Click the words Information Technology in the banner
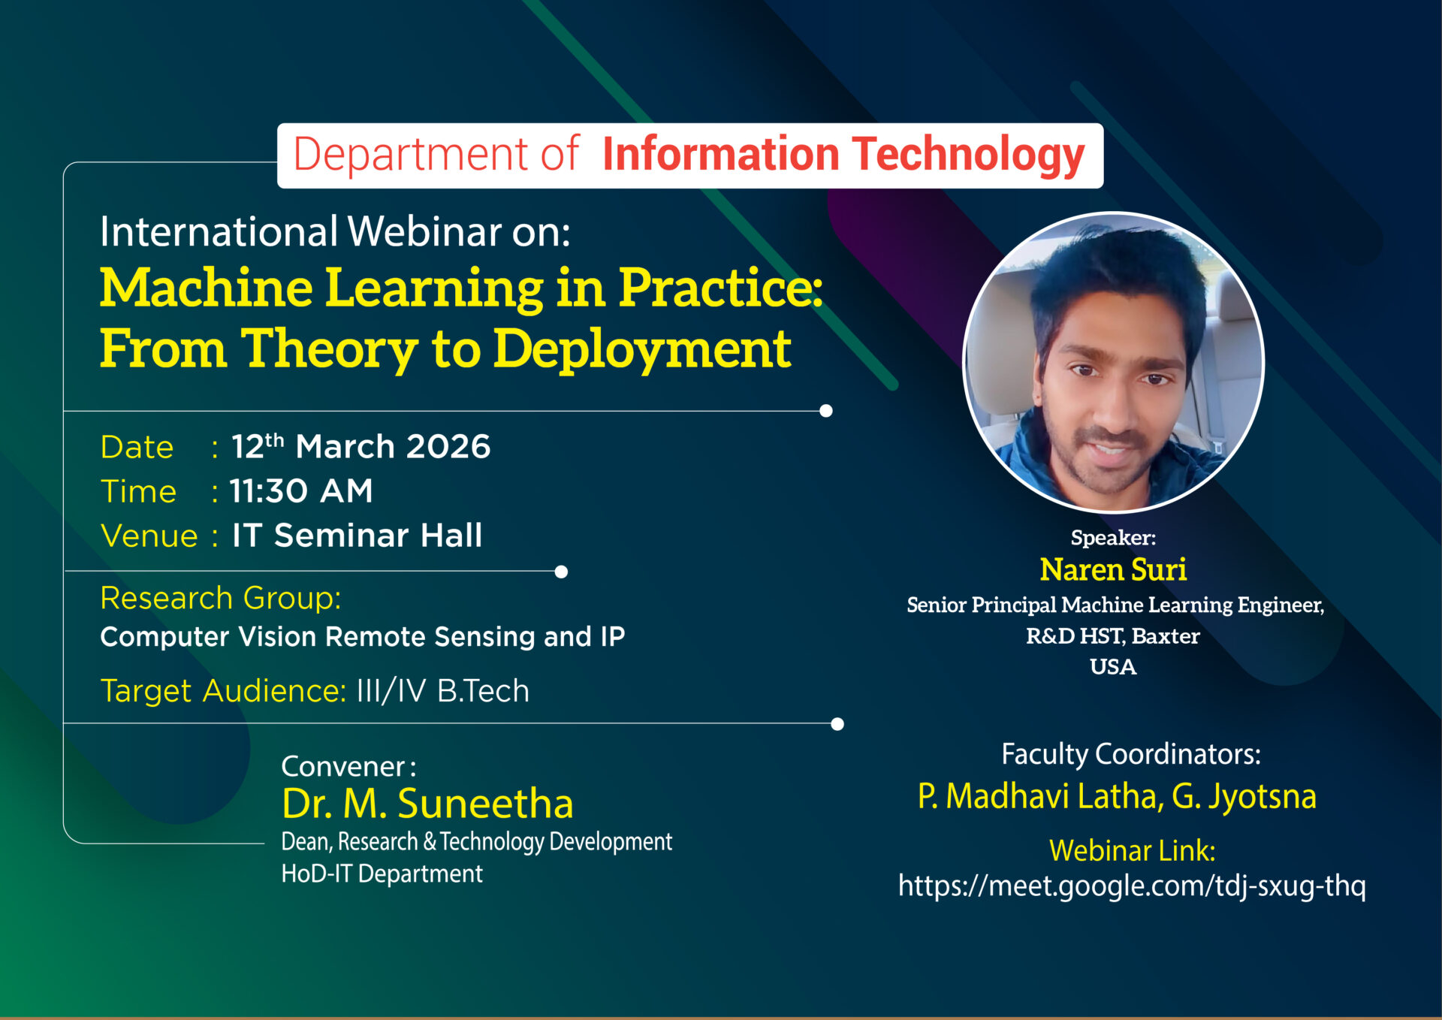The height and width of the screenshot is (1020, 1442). click(843, 155)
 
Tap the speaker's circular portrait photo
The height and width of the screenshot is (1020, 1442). click(1113, 362)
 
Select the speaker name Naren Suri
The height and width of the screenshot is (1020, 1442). click(1113, 569)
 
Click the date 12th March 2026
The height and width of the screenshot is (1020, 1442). click(360, 446)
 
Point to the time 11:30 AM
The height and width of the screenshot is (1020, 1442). click(301, 491)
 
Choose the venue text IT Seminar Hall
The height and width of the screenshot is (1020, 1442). click(357, 536)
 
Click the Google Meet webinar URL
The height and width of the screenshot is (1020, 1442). click(1132, 886)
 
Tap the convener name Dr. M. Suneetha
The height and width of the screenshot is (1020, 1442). click(427, 803)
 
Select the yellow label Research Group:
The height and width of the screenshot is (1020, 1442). click(221, 598)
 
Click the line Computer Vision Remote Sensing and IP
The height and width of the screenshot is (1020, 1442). click(363, 637)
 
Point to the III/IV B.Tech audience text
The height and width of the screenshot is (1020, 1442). click(443, 691)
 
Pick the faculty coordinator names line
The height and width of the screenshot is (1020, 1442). click(1117, 797)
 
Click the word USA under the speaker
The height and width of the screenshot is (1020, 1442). click(1113, 667)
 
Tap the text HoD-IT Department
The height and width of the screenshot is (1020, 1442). click(382, 874)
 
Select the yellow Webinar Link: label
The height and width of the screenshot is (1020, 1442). click(1132, 851)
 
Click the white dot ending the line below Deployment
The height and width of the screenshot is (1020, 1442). click(826, 411)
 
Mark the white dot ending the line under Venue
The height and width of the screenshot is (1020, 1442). click(561, 572)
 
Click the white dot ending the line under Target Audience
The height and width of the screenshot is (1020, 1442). click(837, 724)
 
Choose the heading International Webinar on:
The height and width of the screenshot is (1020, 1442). click(335, 231)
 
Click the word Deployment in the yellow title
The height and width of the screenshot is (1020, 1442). click(642, 349)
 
